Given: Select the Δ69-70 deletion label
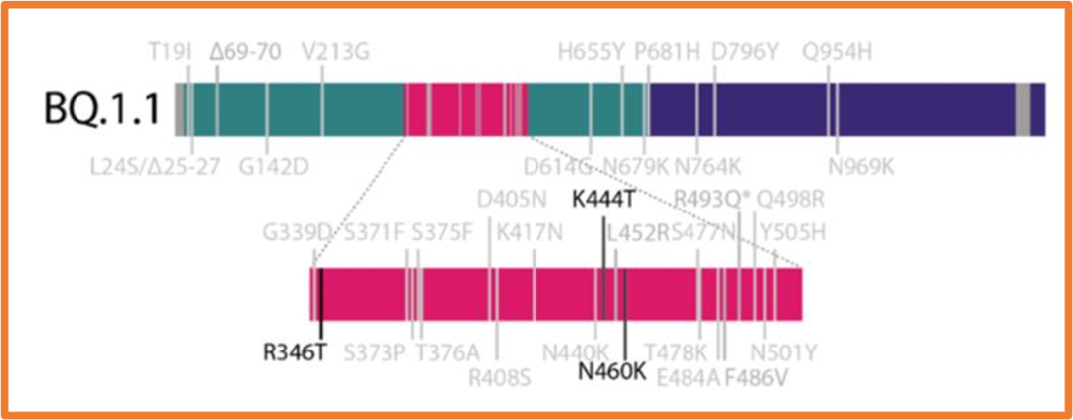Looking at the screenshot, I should [x=246, y=50].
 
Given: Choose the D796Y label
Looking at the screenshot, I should [x=745, y=50].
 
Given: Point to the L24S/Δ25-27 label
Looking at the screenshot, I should [x=164, y=165].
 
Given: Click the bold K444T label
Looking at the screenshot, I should [x=603, y=199].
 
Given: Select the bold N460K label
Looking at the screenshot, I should [x=613, y=372].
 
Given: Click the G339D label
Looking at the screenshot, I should [x=296, y=235].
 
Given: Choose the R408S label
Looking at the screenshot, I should [x=500, y=375].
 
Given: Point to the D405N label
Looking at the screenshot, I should [x=512, y=199].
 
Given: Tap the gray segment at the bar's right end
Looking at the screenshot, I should [x=1022, y=109].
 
